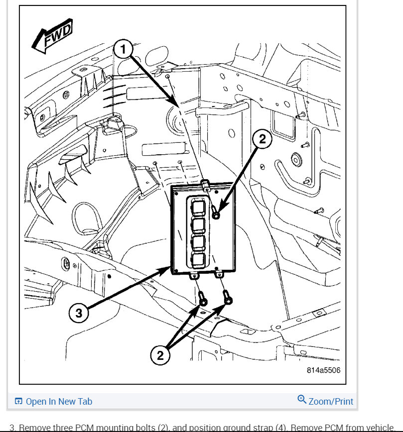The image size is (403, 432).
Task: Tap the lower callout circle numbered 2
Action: tap(161, 355)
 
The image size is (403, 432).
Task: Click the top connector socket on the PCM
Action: tap(197, 206)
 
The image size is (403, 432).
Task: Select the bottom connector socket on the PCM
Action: tap(197, 260)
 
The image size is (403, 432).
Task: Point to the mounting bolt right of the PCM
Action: tap(216, 214)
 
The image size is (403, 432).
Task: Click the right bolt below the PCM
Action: tap(228, 298)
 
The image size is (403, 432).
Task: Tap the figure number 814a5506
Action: tap(323, 371)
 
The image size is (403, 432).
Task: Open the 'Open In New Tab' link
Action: tap(59, 401)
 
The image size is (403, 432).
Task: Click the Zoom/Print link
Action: tap(331, 401)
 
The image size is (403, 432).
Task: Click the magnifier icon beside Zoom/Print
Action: tap(301, 400)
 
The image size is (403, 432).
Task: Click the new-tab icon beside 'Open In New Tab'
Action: tap(18, 401)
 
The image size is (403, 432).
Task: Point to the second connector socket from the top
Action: tap(197, 224)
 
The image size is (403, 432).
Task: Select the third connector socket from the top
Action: tap(197, 242)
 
